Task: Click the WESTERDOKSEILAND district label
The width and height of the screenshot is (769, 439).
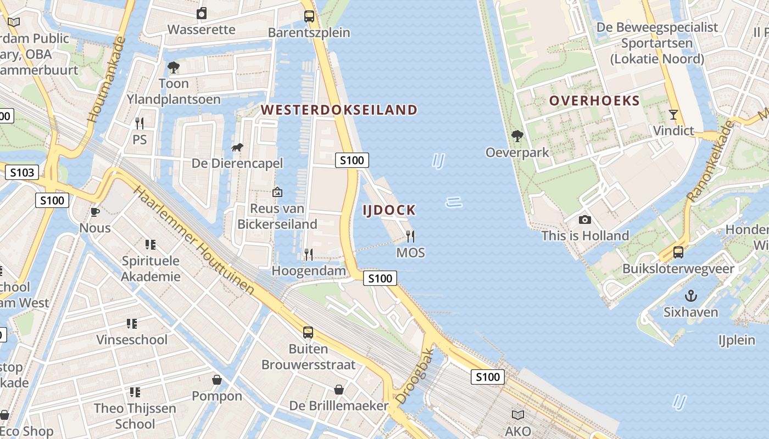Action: (x=339, y=110)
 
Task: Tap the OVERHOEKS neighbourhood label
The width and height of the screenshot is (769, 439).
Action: (x=594, y=100)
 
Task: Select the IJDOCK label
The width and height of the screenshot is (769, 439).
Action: (x=389, y=210)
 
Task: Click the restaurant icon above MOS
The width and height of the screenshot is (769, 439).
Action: (x=410, y=237)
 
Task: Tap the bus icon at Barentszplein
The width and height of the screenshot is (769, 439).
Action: (x=309, y=16)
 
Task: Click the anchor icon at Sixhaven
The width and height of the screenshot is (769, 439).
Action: (x=690, y=296)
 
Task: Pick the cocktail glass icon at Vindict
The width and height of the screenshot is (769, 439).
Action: (x=673, y=115)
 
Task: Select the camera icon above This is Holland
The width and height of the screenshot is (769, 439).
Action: (x=585, y=220)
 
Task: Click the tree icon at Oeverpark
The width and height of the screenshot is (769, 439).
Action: (x=517, y=136)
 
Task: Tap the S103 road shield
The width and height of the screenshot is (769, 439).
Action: (x=22, y=173)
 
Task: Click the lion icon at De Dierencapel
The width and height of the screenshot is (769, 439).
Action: (x=237, y=147)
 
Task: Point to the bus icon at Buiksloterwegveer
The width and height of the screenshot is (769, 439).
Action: (x=678, y=252)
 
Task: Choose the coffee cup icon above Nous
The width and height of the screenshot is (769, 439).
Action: (x=95, y=212)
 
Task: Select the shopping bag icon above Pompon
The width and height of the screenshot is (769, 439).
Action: (x=217, y=380)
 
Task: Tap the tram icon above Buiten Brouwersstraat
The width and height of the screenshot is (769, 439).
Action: (x=308, y=332)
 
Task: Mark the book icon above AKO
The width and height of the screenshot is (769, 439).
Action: (x=518, y=415)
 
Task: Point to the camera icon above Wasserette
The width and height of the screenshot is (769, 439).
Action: (x=202, y=13)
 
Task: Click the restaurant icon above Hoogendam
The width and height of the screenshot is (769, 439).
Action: (x=309, y=254)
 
